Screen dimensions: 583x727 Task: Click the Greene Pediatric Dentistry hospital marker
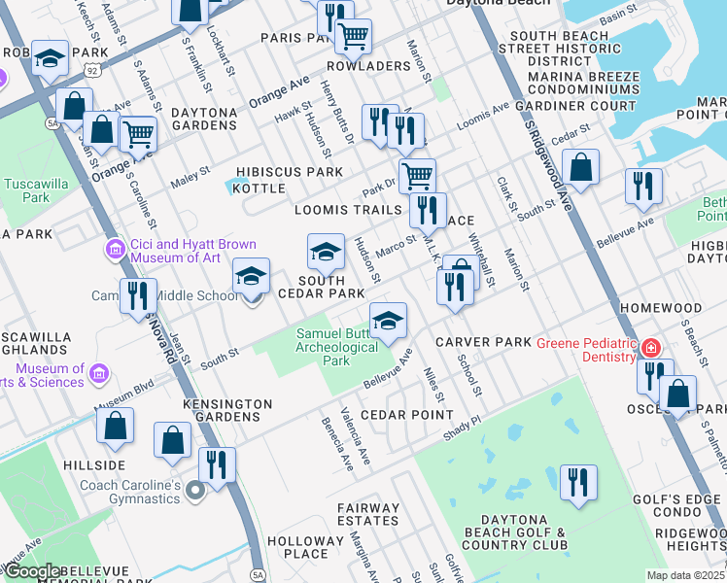point(650,348)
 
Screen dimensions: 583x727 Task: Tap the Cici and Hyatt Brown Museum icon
point(116,251)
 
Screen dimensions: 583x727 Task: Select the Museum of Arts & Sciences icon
point(99,373)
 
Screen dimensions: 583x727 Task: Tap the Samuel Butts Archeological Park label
point(335,347)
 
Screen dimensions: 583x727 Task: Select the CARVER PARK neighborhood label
point(483,342)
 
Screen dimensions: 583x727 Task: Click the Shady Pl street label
point(462,429)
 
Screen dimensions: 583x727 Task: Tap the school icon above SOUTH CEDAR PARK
point(326,252)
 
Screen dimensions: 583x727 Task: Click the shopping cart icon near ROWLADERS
point(353,37)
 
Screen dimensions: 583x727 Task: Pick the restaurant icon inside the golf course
point(578,483)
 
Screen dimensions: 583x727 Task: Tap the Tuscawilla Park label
point(26,189)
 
